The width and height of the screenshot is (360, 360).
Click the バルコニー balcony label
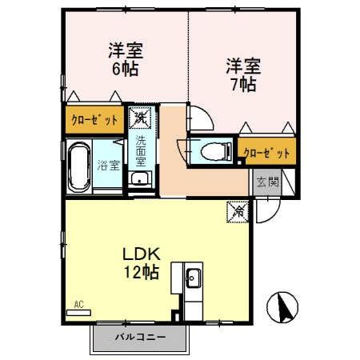[x=140, y=337]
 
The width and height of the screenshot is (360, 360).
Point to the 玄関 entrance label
[x=268, y=182]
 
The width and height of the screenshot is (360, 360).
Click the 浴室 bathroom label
[x=109, y=166]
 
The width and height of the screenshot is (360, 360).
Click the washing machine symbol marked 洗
[x=141, y=118]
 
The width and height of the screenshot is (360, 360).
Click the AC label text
[x=79, y=304]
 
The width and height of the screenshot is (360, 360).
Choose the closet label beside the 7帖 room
[x=264, y=150]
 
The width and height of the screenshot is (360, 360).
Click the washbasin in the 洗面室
[x=141, y=178]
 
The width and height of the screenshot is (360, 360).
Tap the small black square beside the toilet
[x=240, y=161]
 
